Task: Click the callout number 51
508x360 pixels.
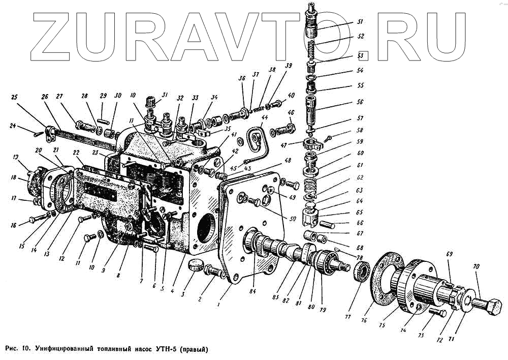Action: pyautogui.click(x=360, y=22)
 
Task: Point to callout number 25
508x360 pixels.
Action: pyautogui.click(x=14, y=97)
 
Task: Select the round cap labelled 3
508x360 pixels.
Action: pyautogui.click(x=195, y=265)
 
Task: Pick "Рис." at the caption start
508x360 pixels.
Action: pyautogui.click(x=13, y=349)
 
